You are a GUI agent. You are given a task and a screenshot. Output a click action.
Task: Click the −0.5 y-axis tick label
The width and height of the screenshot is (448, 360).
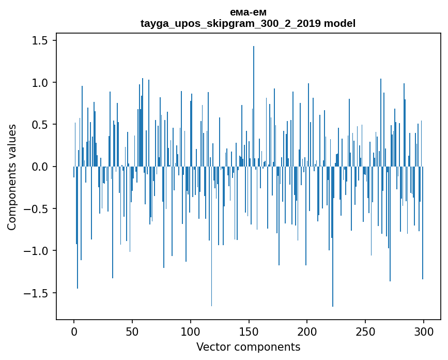click(x=38, y=209)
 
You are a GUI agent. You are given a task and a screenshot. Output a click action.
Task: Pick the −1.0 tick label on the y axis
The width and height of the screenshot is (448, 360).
click(x=38, y=251)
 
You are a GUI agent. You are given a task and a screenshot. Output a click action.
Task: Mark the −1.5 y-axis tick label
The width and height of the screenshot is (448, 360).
click(x=38, y=293)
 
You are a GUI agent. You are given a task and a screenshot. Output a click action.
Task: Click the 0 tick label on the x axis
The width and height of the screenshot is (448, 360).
click(x=74, y=332)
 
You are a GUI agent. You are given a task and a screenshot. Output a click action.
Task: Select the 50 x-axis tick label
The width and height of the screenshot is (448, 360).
click(x=132, y=332)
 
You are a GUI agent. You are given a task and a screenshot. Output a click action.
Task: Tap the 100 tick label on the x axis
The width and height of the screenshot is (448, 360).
click(x=191, y=332)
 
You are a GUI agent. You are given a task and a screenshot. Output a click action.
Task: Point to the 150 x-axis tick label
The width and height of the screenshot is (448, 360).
click(x=249, y=332)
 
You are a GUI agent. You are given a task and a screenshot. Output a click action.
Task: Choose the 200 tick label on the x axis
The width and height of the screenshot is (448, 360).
click(x=307, y=332)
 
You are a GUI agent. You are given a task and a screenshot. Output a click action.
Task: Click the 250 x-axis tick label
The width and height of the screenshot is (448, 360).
click(x=365, y=332)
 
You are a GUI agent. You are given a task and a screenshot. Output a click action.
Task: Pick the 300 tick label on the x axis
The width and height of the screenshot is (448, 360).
click(x=424, y=332)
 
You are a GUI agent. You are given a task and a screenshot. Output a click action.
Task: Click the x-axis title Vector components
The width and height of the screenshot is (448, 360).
click(x=248, y=347)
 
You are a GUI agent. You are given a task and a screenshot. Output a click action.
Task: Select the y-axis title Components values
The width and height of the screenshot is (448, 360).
click(x=12, y=177)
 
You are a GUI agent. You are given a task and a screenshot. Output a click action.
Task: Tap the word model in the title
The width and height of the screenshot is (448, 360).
click(x=340, y=23)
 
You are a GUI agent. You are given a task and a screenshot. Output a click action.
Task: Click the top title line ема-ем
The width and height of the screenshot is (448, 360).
click(x=248, y=12)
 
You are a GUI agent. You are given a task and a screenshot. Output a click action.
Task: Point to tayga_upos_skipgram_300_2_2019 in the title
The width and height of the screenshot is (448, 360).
click(x=231, y=23)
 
